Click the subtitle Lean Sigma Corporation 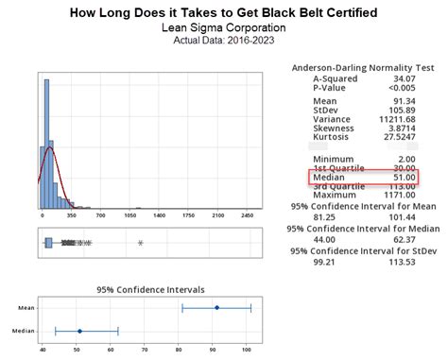(x=224, y=28)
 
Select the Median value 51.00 (x=405, y=178)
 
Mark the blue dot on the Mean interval (x=216, y=308)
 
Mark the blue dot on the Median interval (x=79, y=331)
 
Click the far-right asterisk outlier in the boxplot (x=140, y=244)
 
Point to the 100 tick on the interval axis (x=247, y=351)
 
